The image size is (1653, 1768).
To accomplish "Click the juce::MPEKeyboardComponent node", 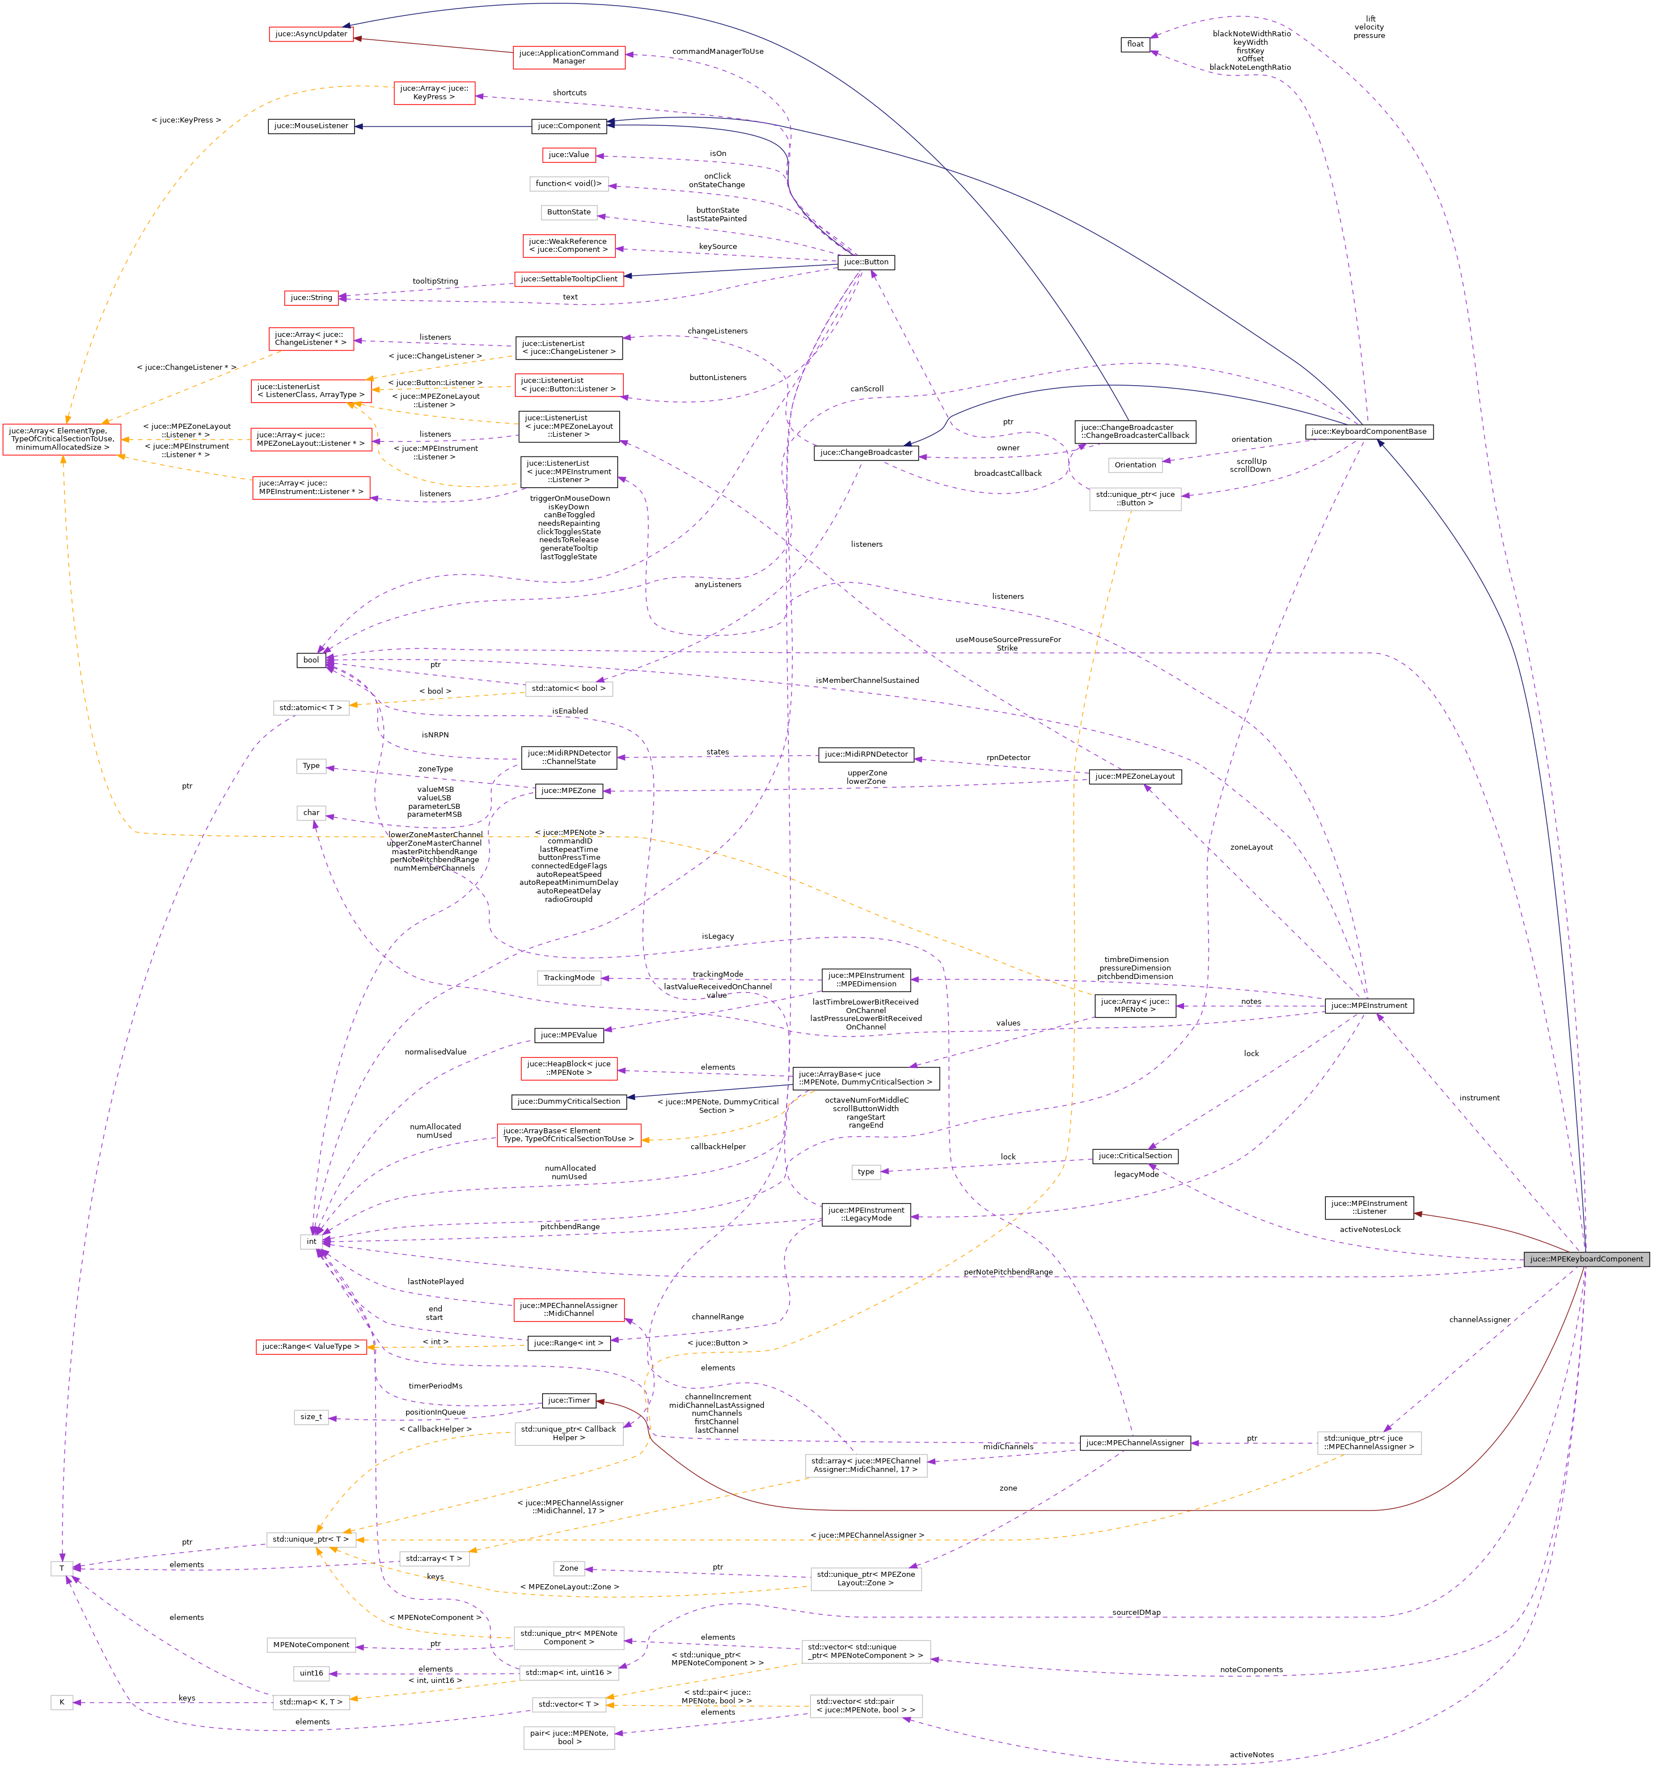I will (1586, 1259).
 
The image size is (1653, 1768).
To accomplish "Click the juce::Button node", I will (866, 263).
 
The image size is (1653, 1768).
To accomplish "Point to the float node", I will (1135, 44).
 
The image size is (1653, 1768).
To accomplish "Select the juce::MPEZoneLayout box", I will (1135, 777).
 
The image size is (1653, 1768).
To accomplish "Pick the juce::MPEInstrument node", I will (1368, 1006).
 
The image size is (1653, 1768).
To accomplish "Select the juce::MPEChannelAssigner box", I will (1135, 1442).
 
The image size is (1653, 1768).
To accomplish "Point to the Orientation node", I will (1135, 465).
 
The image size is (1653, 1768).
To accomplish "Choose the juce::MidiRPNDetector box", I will (866, 754).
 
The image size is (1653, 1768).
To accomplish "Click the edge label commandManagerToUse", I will (717, 52).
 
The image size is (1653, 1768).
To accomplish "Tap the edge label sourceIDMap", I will (1135, 1613).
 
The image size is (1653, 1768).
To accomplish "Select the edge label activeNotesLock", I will (1369, 1229).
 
